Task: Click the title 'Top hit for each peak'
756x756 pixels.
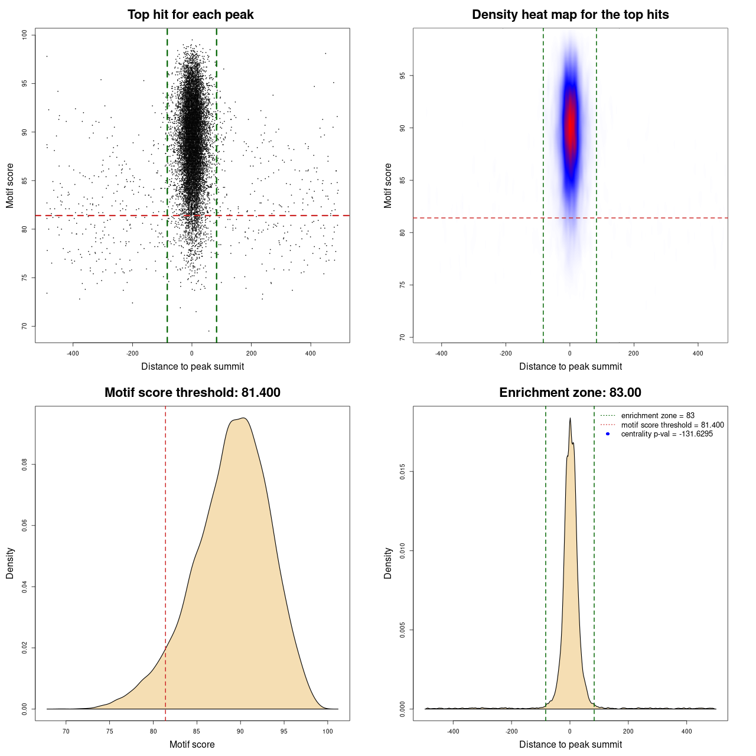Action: pyautogui.click(x=190, y=15)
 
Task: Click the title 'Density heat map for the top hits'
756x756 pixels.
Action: pyautogui.click(x=570, y=15)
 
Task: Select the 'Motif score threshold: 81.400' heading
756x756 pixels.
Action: pyautogui.click(x=192, y=393)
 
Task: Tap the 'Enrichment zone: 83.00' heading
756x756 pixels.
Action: pyautogui.click(x=570, y=393)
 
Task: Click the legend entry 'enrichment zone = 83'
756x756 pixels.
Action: pyautogui.click(x=657, y=416)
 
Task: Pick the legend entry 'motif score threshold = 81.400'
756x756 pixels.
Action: pyautogui.click(x=672, y=425)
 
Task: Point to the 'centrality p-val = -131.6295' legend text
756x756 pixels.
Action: pyautogui.click(x=667, y=434)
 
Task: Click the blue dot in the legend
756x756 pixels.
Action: pyautogui.click(x=608, y=434)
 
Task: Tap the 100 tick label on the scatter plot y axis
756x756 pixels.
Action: pyautogui.click(x=25, y=35)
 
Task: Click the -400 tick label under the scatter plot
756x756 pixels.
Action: pyautogui.click(x=73, y=354)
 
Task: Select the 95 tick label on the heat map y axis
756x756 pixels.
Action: pyautogui.click(x=403, y=76)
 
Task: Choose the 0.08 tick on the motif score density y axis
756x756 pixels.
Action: pyautogui.click(x=25, y=465)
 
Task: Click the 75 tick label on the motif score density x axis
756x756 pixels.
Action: pyautogui.click(x=109, y=731)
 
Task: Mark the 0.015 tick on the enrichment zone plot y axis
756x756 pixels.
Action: pyautogui.click(x=402, y=471)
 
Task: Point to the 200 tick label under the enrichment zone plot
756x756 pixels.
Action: pyautogui.click(x=628, y=731)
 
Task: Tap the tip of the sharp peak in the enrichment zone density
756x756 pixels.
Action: pyautogui.click(x=570, y=419)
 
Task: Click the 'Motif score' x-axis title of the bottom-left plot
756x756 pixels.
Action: pyautogui.click(x=192, y=744)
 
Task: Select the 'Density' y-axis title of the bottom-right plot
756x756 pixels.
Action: pyautogui.click(x=388, y=563)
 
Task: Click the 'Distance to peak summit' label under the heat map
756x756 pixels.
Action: pyautogui.click(x=570, y=366)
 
